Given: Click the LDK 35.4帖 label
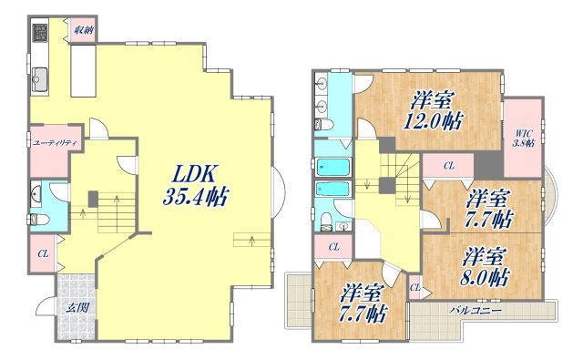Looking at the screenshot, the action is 195,184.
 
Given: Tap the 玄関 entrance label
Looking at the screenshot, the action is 77,307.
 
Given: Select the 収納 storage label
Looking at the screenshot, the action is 83,30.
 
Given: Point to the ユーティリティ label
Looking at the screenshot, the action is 55,142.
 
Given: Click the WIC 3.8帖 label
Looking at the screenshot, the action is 524,139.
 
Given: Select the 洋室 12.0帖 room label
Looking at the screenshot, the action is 433,110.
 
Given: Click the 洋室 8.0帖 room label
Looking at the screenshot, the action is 485,266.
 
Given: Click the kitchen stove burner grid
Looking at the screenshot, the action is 40,32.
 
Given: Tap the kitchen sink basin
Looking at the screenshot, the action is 39,79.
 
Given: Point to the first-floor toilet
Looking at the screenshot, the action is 38,220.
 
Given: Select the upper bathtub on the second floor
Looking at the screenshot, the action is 332,167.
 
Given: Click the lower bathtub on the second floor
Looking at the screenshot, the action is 332,190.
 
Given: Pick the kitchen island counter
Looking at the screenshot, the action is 83,71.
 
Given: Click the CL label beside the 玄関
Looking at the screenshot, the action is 43,254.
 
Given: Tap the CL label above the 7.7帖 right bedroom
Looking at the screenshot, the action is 449,166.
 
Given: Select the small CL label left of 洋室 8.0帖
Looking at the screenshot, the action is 415,287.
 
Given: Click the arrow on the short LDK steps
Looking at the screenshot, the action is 253,241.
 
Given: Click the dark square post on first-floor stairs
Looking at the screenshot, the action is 93,199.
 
